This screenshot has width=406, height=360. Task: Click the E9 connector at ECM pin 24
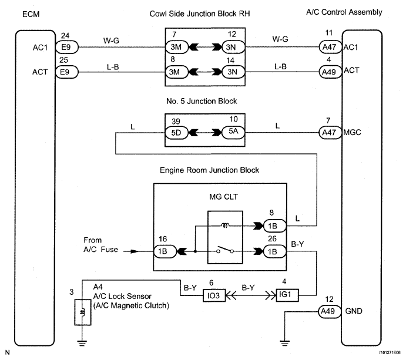pyautogui.click(x=67, y=47)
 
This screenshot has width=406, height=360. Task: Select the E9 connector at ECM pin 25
pyautogui.click(x=67, y=72)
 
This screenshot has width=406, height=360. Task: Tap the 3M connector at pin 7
pyautogui.click(x=177, y=47)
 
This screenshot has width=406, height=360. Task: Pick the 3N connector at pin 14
pyautogui.click(x=233, y=72)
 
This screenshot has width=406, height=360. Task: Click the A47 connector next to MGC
pyautogui.click(x=330, y=133)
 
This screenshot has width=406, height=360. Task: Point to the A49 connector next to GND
pyautogui.click(x=330, y=311)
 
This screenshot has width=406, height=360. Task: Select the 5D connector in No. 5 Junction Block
pyautogui.click(x=177, y=133)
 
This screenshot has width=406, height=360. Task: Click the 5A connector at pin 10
pyautogui.click(x=233, y=133)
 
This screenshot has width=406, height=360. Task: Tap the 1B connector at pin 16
pyautogui.click(x=165, y=251)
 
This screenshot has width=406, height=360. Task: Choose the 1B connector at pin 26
pyautogui.click(x=275, y=251)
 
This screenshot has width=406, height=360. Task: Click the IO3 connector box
pyautogui.click(x=214, y=295)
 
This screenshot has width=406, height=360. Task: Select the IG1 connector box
pyautogui.click(x=287, y=295)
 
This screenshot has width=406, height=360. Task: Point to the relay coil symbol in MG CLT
pyautogui.click(x=225, y=226)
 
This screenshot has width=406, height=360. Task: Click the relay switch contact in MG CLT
pyautogui.click(x=225, y=250)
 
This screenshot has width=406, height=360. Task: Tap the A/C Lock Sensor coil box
pyautogui.click(x=83, y=312)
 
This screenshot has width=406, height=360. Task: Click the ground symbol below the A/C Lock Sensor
pyautogui.click(x=82, y=344)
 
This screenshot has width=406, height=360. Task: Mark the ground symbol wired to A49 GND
pyautogui.click(x=284, y=344)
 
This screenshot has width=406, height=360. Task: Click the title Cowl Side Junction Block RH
pyautogui.click(x=200, y=14)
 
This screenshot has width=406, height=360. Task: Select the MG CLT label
pyautogui.click(x=223, y=197)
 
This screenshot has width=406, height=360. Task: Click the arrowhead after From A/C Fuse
pyautogui.click(x=135, y=251)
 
